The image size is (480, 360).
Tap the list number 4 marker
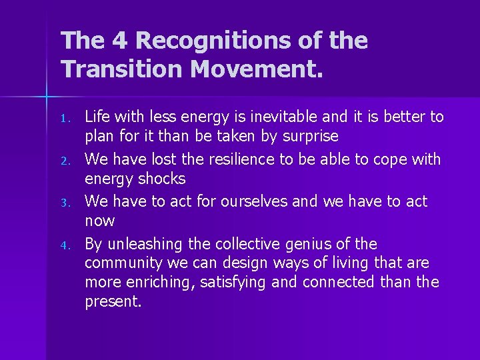coord(65,245)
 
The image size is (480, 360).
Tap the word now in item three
coord(99,221)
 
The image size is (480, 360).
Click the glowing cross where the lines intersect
coord(47,98)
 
